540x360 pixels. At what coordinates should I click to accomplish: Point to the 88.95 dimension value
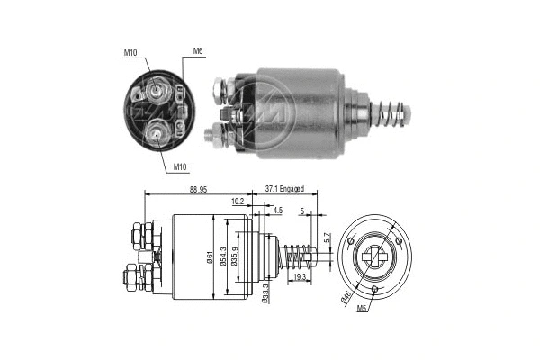[201, 189]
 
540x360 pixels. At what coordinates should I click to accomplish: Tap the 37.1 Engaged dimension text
[285, 189]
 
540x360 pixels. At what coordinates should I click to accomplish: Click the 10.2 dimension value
[238, 202]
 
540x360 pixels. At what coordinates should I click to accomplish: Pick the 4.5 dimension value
[277, 211]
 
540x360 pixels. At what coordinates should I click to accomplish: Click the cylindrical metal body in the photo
[297, 112]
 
